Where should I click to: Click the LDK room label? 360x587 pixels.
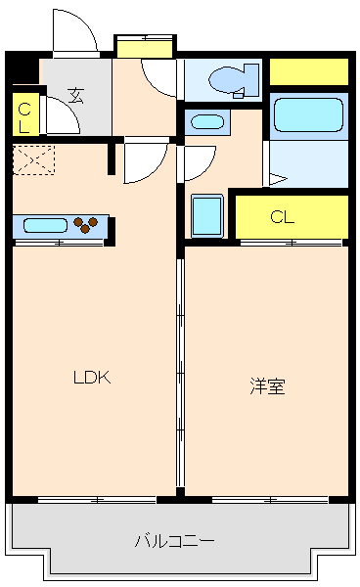click(x=94, y=377)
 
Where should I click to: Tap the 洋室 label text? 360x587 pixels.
click(x=266, y=385)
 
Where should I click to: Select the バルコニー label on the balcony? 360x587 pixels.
click(x=175, y=540)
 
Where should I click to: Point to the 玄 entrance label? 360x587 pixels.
click(x=75, y=95)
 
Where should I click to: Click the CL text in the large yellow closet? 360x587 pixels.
click(x=283, y=216)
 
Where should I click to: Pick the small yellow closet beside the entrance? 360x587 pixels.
click(x=24, y=115)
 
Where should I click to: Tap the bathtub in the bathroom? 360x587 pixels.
click(x=307, y=115)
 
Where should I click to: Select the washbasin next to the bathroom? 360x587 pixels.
click(x=207, y=122)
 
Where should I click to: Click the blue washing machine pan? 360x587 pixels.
click(x=207, y=216)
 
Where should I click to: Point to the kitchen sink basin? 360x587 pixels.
click(x=45, y=225)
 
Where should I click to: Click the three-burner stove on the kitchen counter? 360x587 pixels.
click(x=89, y=225)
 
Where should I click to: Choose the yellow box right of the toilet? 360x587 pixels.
click(x=309, y=71)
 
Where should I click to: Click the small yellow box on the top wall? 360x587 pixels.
click(x=145, y=45)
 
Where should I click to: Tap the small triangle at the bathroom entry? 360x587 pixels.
click(x=277, y=179)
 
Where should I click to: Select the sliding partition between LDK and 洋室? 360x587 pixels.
click(x=179, y=372)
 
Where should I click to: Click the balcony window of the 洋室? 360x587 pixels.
click(x=266, y=500)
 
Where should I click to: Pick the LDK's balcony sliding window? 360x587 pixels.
click(x=96, y=500)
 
